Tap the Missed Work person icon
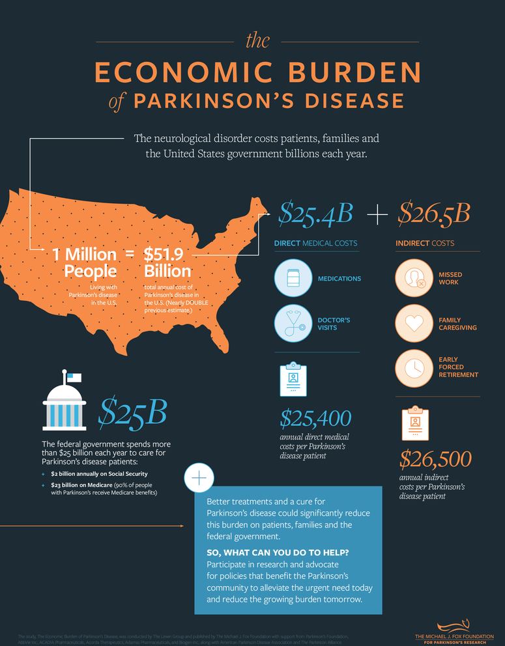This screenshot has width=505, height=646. point(414,278)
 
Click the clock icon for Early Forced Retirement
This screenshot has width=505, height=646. point(414,367)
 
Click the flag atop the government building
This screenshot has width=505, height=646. point(74,377)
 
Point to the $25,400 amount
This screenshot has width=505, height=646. point(316,417)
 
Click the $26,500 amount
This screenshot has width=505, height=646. point(435,459)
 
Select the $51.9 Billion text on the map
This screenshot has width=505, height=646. point(167,262)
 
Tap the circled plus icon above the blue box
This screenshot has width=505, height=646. point(199,478)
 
